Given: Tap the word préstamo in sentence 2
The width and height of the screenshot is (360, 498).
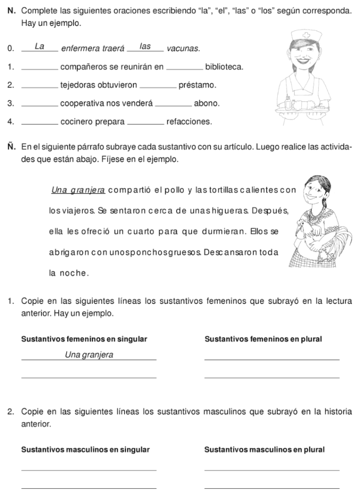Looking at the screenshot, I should [197, 85].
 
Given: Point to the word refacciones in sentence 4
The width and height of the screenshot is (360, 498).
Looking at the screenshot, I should [189, 122].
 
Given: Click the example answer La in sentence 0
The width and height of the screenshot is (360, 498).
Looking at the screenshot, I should [39, 47].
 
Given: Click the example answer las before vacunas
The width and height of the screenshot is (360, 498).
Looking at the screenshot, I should [145, 47].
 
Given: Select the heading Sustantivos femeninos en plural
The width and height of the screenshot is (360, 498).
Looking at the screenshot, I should [264, 338].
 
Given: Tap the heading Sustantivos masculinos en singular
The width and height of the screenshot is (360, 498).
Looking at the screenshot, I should [86, 450].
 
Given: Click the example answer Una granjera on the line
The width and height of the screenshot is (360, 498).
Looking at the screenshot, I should [89, 355].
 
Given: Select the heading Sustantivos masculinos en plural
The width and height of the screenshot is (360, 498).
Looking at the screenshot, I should [264, 450].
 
